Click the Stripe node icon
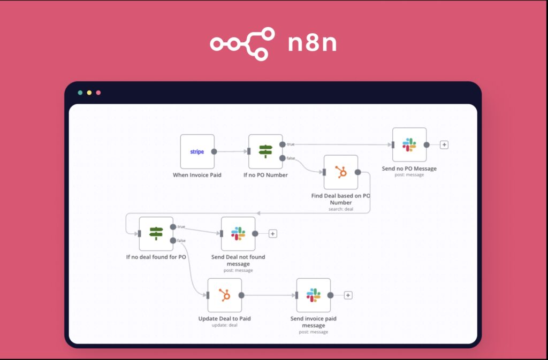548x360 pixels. click(x=197, y=151)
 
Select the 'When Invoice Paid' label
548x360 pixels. click(x=197, y=175)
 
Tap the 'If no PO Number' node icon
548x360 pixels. click(x=265, y=151)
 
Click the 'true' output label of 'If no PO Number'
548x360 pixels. click(x=291, y=144)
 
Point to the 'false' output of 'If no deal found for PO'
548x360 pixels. click(x=173, y=241)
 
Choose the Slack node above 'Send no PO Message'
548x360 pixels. click(x=409, y=144)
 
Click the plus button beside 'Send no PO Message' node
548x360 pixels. click(x=444, y=144)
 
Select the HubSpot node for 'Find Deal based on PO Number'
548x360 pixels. click(x=341, y=172)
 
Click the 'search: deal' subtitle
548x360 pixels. click(x=341, y=209)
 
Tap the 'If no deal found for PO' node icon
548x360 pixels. click(x=156, y=234)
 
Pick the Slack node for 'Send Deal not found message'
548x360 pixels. click(x=238, y=234)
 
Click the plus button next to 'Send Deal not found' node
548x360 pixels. click(x=272, y=234)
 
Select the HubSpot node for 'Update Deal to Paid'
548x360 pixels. click(x=224, y=295)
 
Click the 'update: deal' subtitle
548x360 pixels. click(x=224, y=325)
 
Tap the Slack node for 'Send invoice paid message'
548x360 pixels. click(x=314, y=295)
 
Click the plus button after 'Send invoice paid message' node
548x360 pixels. click(x=348, y=295)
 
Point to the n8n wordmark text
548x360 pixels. click(x=312, y=43)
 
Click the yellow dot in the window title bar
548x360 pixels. click(x=89, y=93)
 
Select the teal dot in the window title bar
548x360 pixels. click(x=80, y=93)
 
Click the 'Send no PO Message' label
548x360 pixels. click(x=409, y=168)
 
